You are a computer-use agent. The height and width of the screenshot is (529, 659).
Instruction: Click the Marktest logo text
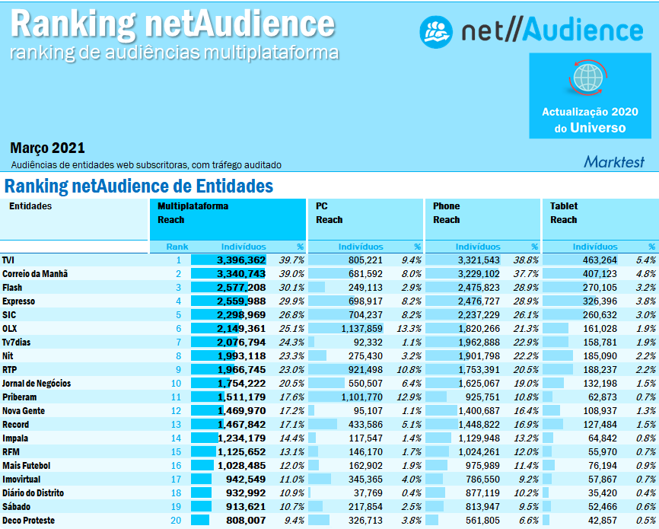pyautogui.click(x=613, y=161)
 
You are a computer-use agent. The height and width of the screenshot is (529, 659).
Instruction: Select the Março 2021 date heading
pyautogui.click(x=48, y=148)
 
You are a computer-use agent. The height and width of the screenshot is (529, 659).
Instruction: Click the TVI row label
pyautogui.click(x=8, y=260)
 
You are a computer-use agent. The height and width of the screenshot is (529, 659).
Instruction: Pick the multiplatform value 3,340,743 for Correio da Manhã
pyautogui.click(x=240, y=273)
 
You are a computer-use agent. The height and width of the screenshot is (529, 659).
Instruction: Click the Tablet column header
pyautogui.click(x=564, y=206)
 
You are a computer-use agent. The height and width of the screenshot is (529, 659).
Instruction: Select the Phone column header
pyautogui.click(x=447, y=206)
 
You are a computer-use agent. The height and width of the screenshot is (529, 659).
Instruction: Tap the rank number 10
pyautogui.click(x=177, y=383)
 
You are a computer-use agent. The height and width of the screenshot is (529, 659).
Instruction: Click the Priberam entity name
pyautogui.click(x=20, y=397)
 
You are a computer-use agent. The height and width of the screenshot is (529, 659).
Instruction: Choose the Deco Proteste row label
pyautogui.click(x=28, y=520)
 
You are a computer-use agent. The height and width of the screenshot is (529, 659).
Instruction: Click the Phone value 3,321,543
pyautogui.click(x=475, y=260)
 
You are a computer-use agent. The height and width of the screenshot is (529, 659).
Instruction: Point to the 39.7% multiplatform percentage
pyautogui.click(x=292, y=260)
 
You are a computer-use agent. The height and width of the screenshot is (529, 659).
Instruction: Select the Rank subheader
pyautogui.click(x=177, y=247)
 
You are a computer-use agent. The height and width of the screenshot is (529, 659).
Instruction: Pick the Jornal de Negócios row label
pyautogui.click(x=39, y=383)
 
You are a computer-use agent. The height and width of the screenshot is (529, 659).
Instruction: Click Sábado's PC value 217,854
pyautogui.click(x=361, y=506)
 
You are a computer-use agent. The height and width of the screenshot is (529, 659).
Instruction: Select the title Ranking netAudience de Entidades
pyautogui.click(x=138, y=186)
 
